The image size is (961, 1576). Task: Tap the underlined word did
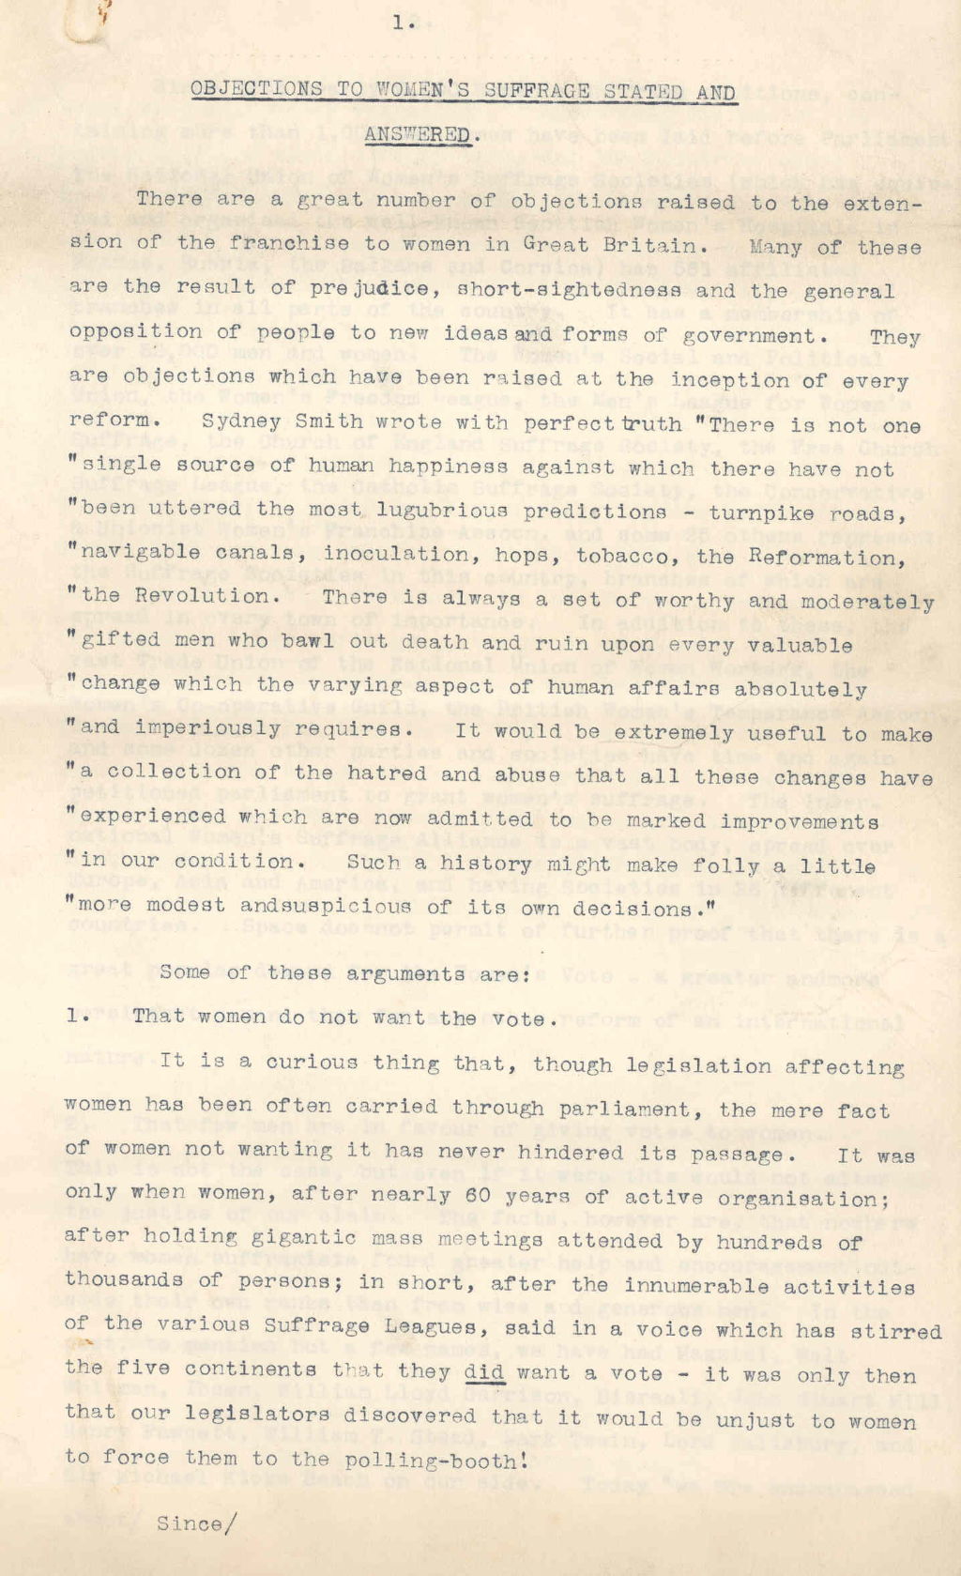pos(484,1371)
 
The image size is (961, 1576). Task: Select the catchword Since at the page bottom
pos(189,1523)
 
